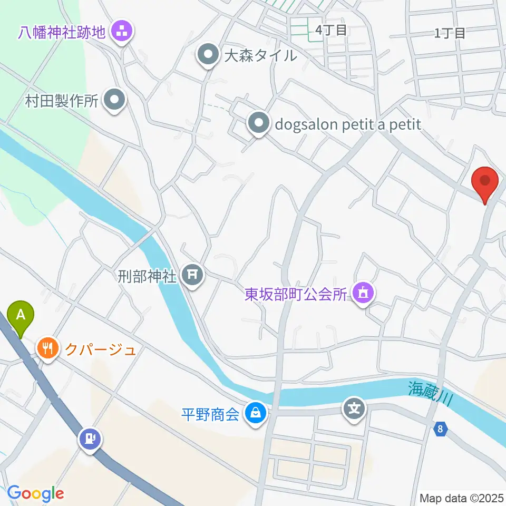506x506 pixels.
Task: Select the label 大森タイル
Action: pos(260,55)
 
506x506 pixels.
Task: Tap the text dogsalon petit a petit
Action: pos(348,124)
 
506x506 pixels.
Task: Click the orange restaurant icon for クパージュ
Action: pos(48,349)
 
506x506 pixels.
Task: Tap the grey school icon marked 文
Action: pos(354,409)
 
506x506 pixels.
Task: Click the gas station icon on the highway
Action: pos(89,439)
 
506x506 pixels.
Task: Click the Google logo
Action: pos(35,493)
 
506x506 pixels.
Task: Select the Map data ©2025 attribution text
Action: pos(461,498)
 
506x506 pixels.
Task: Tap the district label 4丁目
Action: pos(331,31)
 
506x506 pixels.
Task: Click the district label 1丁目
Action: pos(450,33)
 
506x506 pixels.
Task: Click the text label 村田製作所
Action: pos(62,101)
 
